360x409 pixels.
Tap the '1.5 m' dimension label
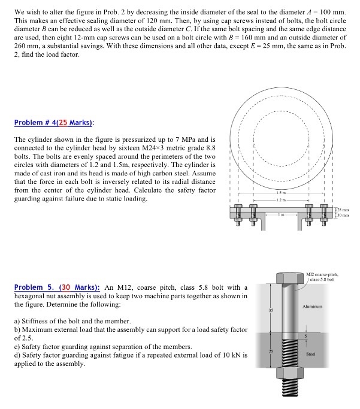[x=281, y=192]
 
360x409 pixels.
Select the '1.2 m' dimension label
[x=281, y=199]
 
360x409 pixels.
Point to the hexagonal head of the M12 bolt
[x=290, y=278]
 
